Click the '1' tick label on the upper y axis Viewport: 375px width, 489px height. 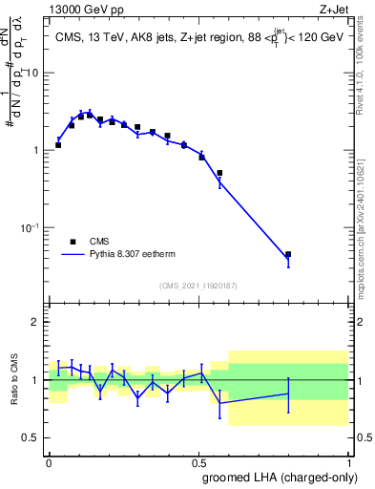[35, 151]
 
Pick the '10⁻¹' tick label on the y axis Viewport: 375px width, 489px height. [29, 228]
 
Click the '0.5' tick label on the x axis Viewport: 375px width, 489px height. [198, 461]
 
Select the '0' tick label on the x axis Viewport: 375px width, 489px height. [49, 461]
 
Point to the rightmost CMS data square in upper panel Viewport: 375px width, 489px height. [288, 255]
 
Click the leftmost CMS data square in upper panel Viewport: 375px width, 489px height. [58, 145]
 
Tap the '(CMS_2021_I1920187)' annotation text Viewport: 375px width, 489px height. [198, 286]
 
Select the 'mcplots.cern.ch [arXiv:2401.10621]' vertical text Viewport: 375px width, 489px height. [365, 220]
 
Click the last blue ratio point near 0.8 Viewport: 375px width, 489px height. [288, 393]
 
